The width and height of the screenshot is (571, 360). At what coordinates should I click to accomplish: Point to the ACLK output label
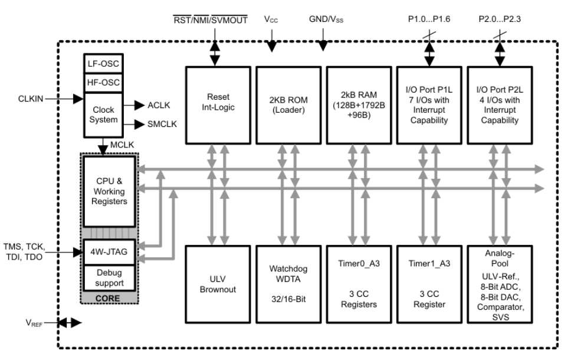tap(159, 105)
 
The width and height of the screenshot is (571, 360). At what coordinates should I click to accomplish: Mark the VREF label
tap(34, 323)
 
